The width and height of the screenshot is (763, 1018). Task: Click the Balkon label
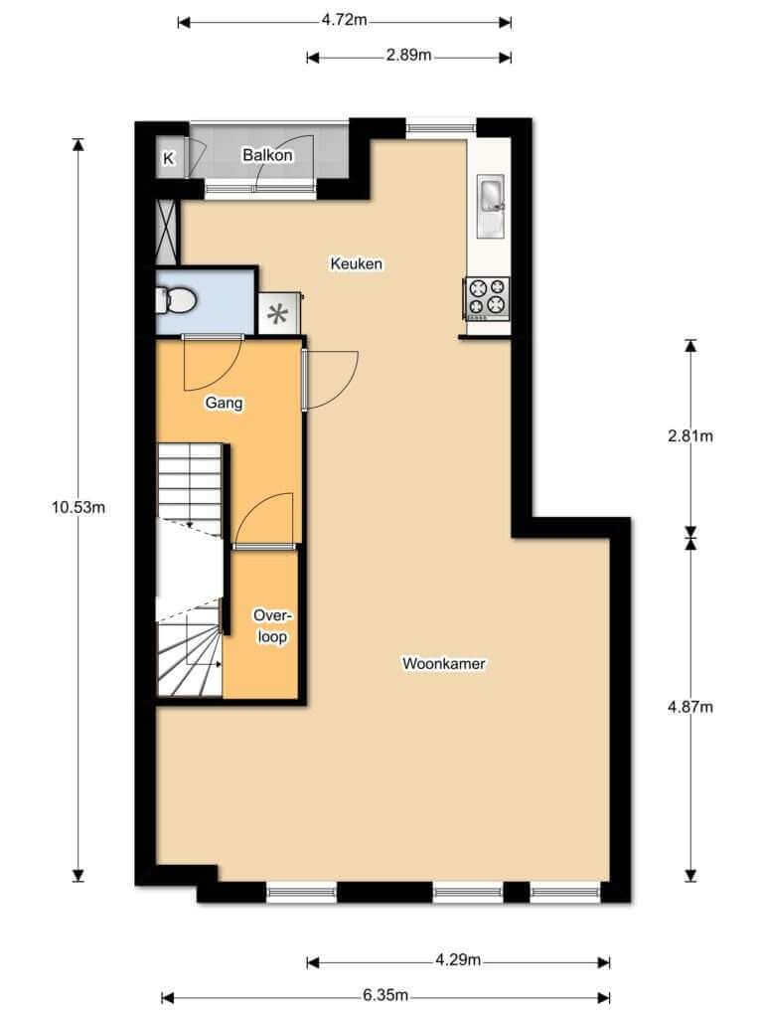coord(267,155)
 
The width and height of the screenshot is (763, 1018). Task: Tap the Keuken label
coord(357,263)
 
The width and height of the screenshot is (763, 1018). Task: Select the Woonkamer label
coord(444,663)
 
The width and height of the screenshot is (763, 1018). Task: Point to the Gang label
coord(224,403)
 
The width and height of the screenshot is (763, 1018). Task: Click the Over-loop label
coord(272,626)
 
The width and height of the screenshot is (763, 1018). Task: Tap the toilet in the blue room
coord(175,300)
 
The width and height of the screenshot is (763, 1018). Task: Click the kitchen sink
coord(491,206)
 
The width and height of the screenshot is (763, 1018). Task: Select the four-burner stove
coord(486,298)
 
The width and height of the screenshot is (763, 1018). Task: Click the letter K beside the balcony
coord(169,158)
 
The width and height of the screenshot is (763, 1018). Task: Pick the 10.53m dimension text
coord(78,508)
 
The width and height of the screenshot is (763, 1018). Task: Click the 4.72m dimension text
coord(345,20)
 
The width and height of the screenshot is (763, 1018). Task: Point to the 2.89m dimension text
coord(408,56)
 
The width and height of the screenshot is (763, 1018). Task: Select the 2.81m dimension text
coord(690,435)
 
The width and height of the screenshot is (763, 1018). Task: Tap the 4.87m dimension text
coord(690,707)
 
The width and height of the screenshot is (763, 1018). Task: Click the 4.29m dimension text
coord(458,959)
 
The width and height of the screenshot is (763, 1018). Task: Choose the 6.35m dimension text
coord(385,994)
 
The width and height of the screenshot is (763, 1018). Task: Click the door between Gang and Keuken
coord(331,381)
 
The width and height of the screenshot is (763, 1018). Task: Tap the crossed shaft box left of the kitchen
coord(167,232)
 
